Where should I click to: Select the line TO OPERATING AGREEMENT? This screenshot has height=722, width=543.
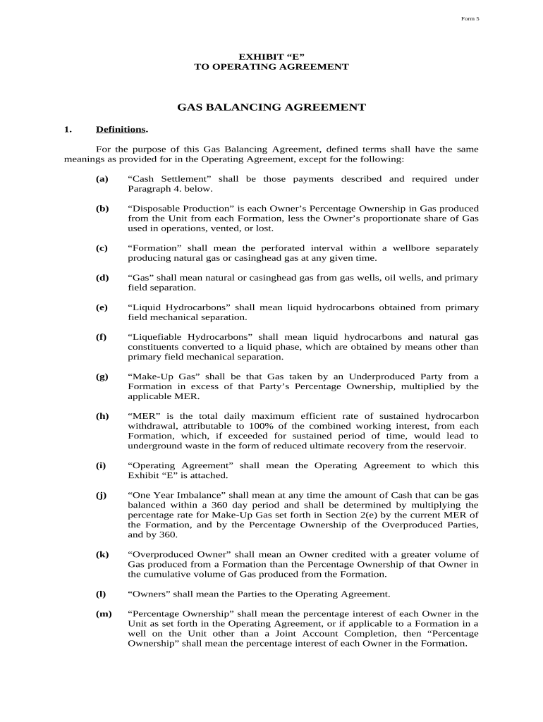(271, 67)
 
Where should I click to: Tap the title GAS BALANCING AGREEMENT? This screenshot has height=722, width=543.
(271, 108)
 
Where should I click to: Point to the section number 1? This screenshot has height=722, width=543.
(68, 130)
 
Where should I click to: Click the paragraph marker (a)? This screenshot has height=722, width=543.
(102, 179)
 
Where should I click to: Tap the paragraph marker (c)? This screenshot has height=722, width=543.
(102, 248)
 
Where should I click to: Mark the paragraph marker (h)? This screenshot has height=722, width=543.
(102, 416)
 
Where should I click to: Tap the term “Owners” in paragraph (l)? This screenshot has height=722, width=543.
(150, 594)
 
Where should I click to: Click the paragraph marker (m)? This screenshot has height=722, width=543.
(104, 613)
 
